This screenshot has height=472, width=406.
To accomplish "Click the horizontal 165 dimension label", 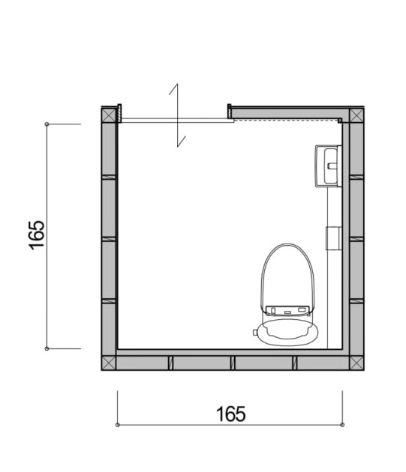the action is coord(230,414).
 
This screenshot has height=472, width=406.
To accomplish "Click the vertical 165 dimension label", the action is coord(37,235).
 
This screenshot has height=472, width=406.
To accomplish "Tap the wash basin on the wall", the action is coord(329,166).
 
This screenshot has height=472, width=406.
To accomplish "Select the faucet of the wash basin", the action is coord(332,166).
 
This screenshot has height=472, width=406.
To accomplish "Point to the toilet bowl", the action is coord(288,333).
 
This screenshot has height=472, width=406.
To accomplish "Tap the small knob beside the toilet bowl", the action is coord(255,332).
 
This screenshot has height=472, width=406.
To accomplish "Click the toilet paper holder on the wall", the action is coord(334,238).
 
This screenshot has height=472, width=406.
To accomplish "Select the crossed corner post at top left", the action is coord(109,115).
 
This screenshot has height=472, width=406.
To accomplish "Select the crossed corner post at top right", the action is coord(356,115).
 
